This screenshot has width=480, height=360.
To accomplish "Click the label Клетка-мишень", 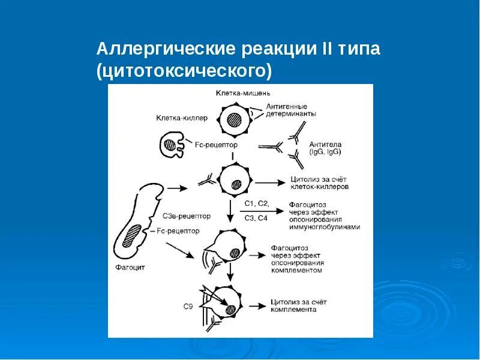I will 243,93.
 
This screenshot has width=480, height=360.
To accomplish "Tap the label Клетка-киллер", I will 182,118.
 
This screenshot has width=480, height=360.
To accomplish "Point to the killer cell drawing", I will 172,145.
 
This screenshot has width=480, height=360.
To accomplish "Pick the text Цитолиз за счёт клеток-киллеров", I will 319,183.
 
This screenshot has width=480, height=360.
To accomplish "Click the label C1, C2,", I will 257,203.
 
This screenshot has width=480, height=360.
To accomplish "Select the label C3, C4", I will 256,218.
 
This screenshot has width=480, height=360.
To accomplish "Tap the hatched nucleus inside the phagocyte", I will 131,235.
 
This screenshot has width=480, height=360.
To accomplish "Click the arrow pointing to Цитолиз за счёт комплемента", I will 258,306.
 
